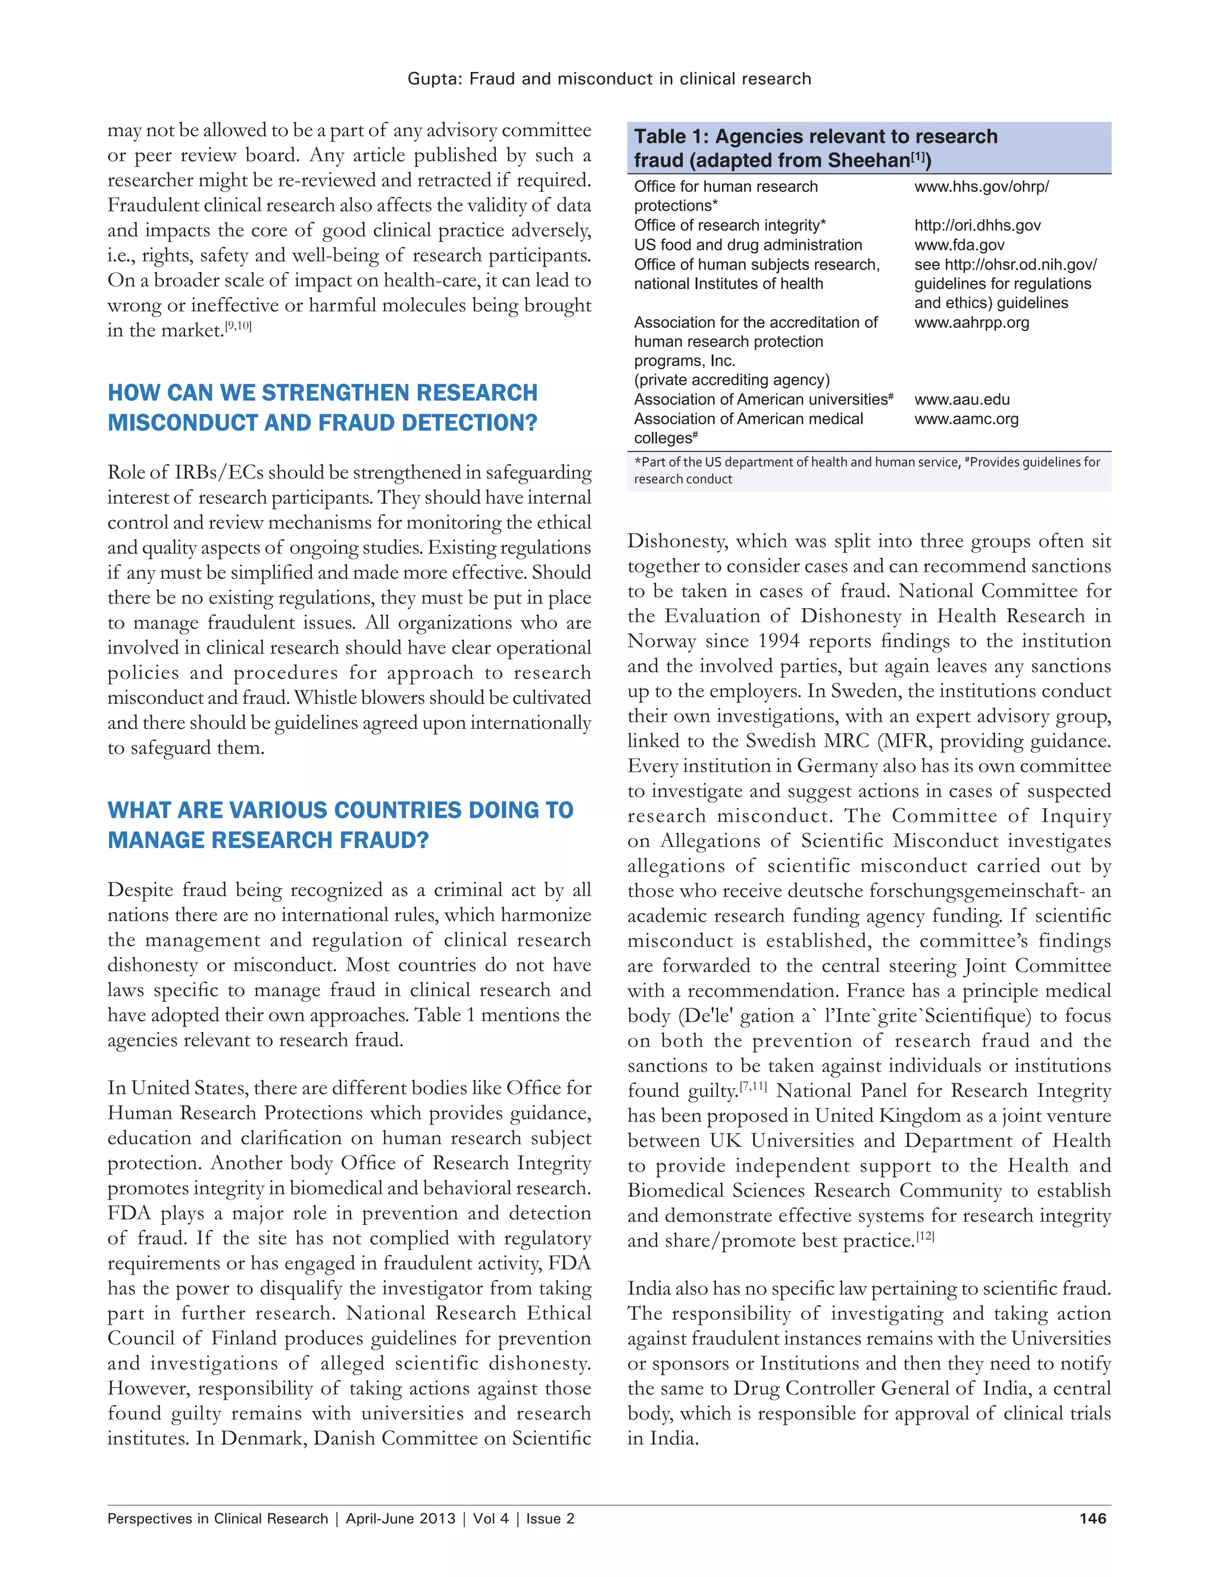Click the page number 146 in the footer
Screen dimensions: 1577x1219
pos(1092,1518)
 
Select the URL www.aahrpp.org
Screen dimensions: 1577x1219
pos(971,322)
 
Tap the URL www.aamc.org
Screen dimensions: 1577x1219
pos(965,419)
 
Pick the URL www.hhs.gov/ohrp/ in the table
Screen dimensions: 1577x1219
pos(981,186)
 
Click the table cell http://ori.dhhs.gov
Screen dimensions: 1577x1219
pos(977,226)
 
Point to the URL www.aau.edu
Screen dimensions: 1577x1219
pos(961,399)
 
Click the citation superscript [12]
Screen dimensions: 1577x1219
pos(925,1236)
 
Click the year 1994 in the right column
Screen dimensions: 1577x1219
pos(779,641)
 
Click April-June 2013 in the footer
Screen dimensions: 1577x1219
pos(400,1518)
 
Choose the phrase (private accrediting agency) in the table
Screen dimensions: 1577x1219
pos(732,380)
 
